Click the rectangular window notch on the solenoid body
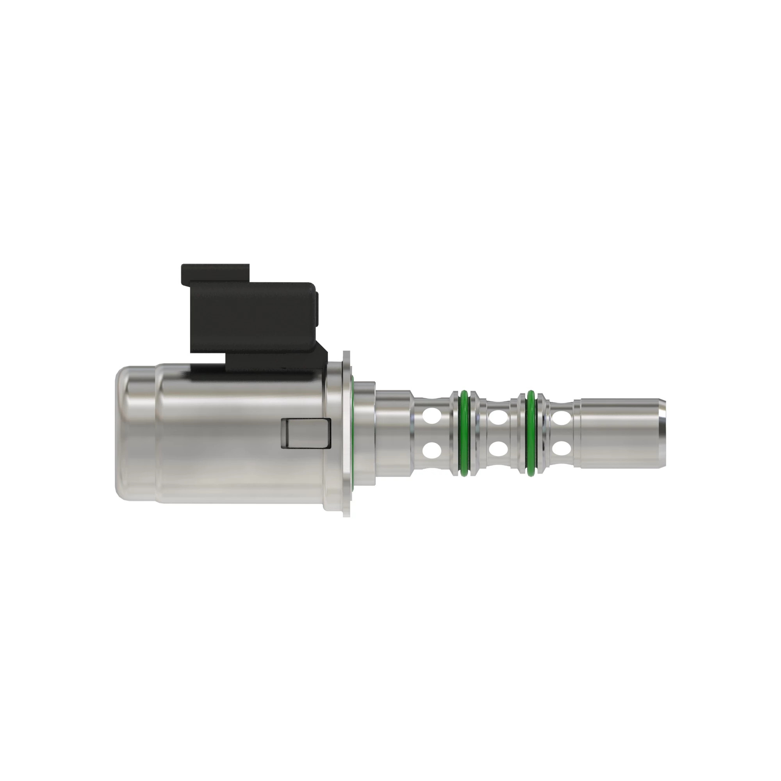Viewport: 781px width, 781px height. (306, 433)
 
